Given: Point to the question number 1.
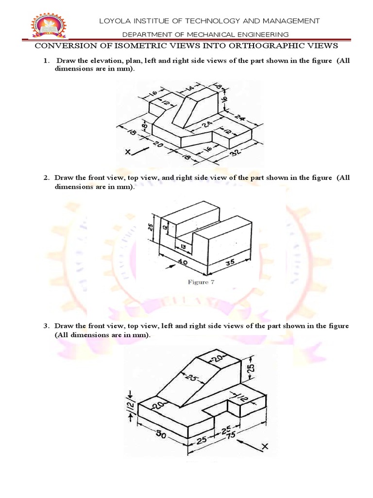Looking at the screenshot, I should point(45,61).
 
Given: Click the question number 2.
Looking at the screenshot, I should point(45,178).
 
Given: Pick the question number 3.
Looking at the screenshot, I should point(45,326).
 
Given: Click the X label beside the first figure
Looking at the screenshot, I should point(128,152).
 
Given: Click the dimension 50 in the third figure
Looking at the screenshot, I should point(160,434).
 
